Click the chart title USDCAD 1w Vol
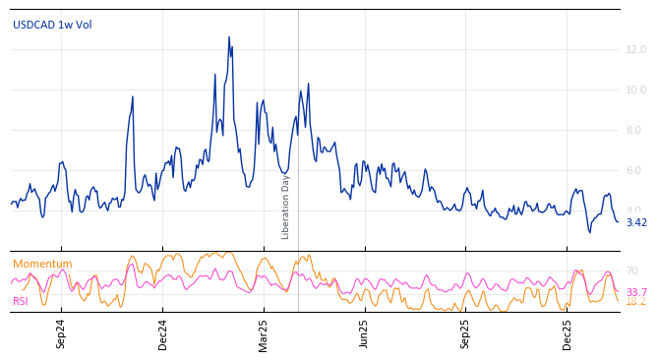[52, 25]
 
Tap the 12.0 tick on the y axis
[636, 49]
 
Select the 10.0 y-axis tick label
[636, 90]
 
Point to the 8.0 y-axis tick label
[634, 130]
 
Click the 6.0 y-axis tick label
[634, 170]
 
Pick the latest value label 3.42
[636, 222]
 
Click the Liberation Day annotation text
[286, 207]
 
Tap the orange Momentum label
[42, 264]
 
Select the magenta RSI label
[21, 301]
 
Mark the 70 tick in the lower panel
[632, 270]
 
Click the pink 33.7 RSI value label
[636, 292]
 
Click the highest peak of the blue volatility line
[229, 37]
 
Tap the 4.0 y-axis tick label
[634, 210]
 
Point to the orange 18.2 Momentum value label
[636, 302]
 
